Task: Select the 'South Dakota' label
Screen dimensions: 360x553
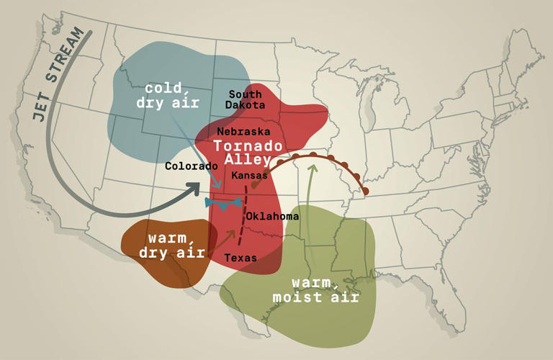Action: point(245,99)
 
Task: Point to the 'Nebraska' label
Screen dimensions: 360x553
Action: point(243,132)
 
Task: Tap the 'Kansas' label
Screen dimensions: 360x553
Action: point(249,175)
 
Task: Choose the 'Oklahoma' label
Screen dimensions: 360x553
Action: point(272,216)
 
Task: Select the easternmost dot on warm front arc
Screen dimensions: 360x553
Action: point(366,191)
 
